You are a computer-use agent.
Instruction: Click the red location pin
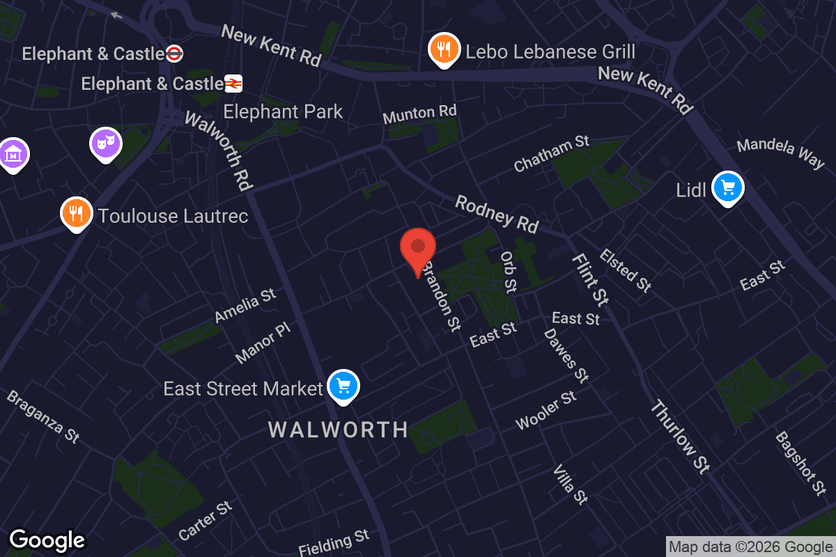pos(418,248)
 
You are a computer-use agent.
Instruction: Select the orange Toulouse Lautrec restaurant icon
pos(77,213)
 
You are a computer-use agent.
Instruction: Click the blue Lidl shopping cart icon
pos(728,188)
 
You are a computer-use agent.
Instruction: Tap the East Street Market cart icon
pos(343,386)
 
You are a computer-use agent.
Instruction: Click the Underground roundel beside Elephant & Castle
pos(175,54)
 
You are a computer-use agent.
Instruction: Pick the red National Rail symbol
pos(233,84)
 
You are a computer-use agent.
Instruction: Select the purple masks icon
pos(106,144)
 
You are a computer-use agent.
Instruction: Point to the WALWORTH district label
pos(338,430)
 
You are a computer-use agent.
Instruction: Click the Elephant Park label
pos(283,111)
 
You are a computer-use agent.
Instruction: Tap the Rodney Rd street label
pos(497,214)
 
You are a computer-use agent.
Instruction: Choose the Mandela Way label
pos(780,154)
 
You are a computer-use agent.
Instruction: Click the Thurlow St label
pos(679,437)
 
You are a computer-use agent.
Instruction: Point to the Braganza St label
pos(43,416)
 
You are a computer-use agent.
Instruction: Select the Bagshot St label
pos(800,463)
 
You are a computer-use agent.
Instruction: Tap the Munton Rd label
pos(419,113)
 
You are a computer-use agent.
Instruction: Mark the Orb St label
pos(509,272)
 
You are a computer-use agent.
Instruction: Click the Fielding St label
pos(334,542)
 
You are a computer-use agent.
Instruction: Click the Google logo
pos(47,540)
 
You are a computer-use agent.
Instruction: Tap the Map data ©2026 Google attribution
pos(750,547)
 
